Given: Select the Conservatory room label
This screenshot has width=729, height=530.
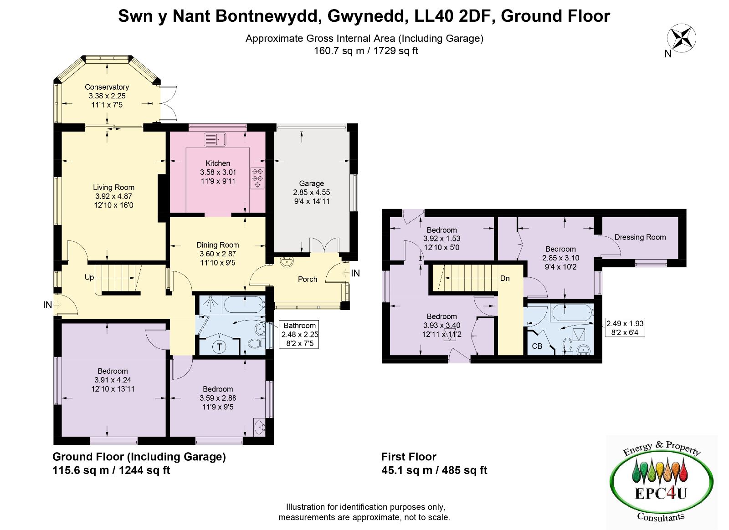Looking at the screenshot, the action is coord(107,87).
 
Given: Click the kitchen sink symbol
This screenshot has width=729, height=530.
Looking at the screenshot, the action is coord(215,139).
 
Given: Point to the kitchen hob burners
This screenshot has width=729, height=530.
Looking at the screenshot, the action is coord(257,178).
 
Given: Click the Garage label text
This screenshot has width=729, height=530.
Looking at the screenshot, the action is coord(312,183).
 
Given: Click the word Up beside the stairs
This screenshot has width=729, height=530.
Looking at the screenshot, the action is coord(89,277).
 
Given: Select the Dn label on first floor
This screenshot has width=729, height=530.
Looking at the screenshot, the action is coord(505,278).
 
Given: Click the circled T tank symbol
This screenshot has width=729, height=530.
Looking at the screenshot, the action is coord(219,347).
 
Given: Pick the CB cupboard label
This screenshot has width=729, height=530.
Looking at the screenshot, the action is coord(537,347).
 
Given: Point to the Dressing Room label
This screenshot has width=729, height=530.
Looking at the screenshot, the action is coord(640,237).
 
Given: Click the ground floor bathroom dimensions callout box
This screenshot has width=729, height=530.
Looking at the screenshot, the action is coord(299,334).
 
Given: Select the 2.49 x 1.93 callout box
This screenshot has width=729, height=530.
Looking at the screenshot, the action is coord(625,327).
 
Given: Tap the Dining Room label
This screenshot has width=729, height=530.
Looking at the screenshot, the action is coord(217,245).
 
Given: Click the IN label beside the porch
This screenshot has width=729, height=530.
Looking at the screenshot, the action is coord(355,274).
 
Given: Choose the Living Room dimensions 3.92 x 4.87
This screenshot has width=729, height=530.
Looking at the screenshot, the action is coord(113,196).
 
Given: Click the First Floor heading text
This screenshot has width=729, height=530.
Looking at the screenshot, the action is coord(408,457).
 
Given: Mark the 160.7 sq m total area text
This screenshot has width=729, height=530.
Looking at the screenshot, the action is coord(339,51).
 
